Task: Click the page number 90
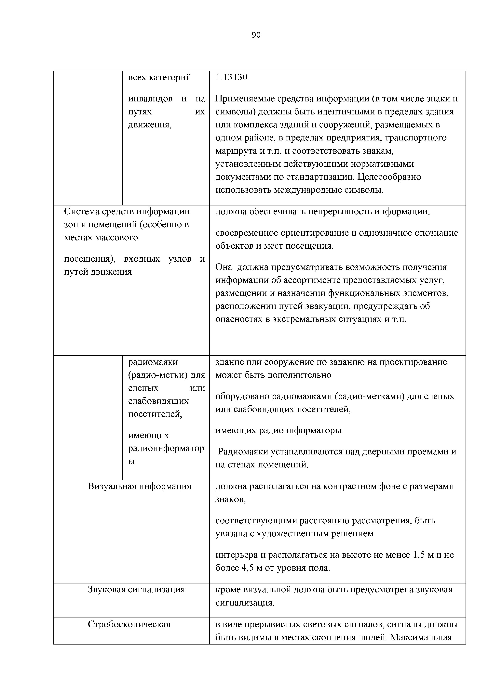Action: click(x=256, y=35)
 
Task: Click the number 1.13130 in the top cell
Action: click(x=232, y=78)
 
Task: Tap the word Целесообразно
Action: click(x=389, y=177)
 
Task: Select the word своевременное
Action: click(x=247, y=233)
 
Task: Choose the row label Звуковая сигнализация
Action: click(x=136, y=589)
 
